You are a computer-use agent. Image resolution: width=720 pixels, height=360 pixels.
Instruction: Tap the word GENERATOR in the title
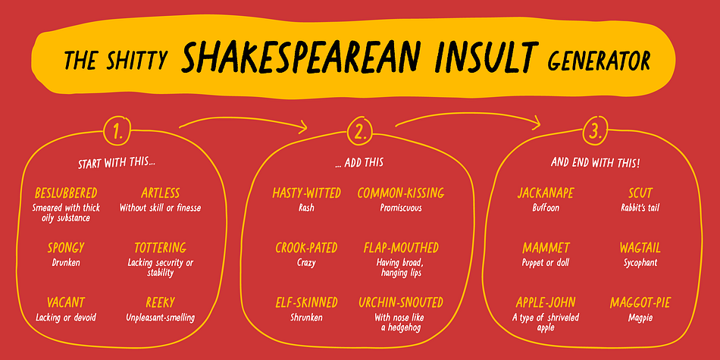coord(599,59)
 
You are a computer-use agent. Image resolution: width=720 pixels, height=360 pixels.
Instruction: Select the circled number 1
coord(117,131)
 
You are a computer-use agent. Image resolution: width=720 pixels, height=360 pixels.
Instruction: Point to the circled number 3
coord(595,131)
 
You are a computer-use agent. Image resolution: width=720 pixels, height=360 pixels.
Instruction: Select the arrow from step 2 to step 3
coord(468,116)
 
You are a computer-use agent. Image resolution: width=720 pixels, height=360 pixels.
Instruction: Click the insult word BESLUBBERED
coord(66,193)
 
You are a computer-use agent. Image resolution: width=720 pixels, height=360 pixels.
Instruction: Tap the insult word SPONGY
coord(66,248)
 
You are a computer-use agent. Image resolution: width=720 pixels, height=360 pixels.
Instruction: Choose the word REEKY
coord(160,302)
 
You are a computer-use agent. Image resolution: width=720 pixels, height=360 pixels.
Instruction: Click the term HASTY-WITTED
coord(306,193)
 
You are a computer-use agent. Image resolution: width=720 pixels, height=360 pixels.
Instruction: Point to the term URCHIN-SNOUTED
coord(400,302)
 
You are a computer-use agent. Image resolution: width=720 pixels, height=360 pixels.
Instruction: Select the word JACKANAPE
coord(546,193)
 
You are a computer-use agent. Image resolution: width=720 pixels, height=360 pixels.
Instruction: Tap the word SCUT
coord(640,193)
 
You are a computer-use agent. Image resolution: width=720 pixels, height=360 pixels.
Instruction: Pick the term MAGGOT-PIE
coord(640,302)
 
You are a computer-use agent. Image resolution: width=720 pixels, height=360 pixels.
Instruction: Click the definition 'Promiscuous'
coord(400,208)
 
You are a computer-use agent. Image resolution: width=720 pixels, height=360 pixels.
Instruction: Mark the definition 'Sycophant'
coord(640,263)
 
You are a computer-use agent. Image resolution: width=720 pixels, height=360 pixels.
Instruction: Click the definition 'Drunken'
coord(66,263)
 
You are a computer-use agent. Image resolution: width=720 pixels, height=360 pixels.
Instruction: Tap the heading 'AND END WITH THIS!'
coord(595,163)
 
